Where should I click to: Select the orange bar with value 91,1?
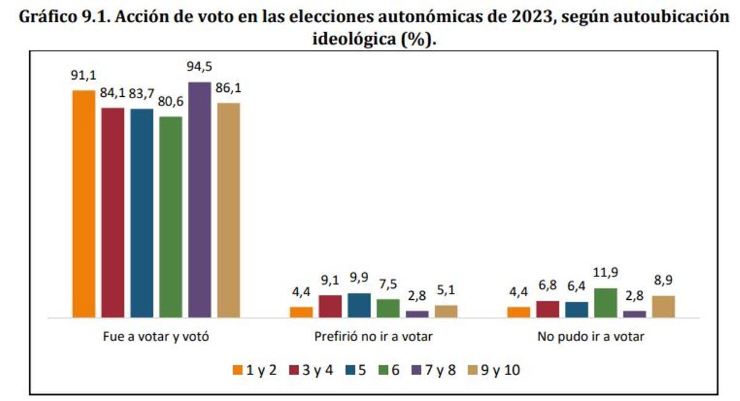pyautogui.click(x=84, y=204)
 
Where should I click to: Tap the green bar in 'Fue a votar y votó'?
pyautogui.click(x=171, y=217)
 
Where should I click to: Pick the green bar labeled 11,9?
pyautogui.click(x=605, y=303)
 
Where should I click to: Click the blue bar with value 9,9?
pyautogui.click(x=359, y=305)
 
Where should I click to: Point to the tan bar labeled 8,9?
pyautogui.click(x=663, y=307)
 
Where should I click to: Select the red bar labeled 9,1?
pyautogui.click(x=330, y=307)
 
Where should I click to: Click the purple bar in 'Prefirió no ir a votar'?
pyautogui.click(x=416, y=314)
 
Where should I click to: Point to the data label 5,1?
pyautogui.click(x=445, y=291)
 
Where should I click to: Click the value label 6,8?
pyautogui.click(x=548, y=286)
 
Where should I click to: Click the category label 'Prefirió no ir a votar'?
pyautogui.click(x=374, y=337)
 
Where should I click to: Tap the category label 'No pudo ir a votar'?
pyautogui.click(x=591, y=337)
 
